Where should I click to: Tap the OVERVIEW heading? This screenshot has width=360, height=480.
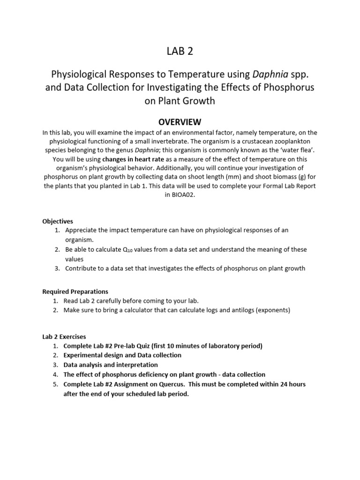[x=180, y=122]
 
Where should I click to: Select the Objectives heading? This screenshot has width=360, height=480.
[x=58, y=221]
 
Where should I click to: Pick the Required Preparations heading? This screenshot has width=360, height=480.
[x=75, y=292]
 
